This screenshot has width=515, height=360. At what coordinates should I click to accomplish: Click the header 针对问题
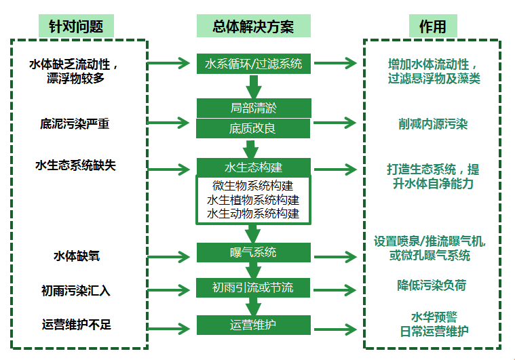tap(76, 26)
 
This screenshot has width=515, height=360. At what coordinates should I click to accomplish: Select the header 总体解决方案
tap(254, 26)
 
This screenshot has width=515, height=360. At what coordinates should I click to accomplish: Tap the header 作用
tap(432, 26)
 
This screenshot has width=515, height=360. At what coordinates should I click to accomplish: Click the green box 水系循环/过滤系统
tap(254, 64)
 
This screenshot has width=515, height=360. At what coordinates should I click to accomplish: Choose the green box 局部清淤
tap(254, 108)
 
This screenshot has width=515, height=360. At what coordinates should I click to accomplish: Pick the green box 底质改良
tap(254, 128)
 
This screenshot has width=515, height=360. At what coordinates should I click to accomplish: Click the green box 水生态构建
tap(254, 167)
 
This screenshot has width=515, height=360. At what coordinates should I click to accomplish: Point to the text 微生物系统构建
tap(254, 186)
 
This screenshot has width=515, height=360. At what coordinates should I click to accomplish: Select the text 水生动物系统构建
tap(254, 214)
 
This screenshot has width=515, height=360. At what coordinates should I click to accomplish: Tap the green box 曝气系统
tap(254, 253)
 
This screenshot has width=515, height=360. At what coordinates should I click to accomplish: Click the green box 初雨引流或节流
tap(254, 287)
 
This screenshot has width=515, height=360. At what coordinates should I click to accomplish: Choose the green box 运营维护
tap(254, 325)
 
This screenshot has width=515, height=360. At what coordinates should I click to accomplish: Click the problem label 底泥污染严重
tap(75, 123)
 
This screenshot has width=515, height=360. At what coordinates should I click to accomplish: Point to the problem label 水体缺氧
tap(75, 256)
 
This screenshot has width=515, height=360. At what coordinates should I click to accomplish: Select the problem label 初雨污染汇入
tap(75, 291)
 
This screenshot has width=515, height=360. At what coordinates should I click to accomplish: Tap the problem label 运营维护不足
tap(75, 325)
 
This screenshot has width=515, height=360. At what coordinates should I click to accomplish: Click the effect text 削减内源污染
tap(433, 124)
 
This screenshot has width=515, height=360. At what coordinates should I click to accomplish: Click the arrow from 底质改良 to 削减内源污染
tap(335, 123)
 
